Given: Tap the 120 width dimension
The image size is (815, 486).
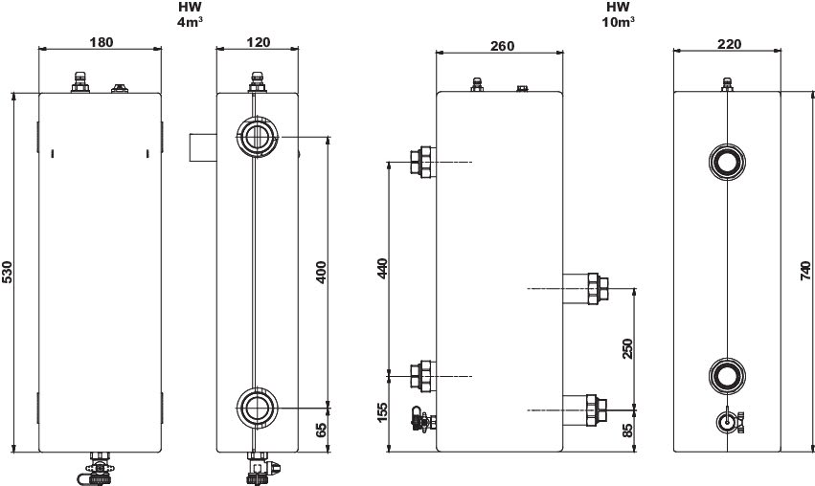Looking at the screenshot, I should coord(258,42).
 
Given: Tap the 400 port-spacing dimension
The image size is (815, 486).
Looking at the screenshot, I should coord(321,272).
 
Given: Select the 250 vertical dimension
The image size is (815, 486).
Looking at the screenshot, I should coord(627,348).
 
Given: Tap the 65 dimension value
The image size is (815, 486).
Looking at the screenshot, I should coord(321,431).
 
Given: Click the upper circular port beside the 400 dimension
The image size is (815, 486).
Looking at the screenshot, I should coord(256,137).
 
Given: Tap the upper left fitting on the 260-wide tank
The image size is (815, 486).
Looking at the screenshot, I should coord(422,163).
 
